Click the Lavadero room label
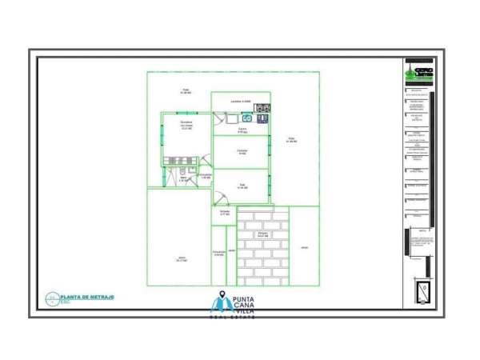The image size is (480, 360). point(241,102)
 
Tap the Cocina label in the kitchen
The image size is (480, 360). point(242,130)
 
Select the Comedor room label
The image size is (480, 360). point(242,152)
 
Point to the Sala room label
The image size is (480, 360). point(242,186)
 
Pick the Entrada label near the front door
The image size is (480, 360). point(225,213)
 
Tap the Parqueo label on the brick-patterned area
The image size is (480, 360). point(262,235)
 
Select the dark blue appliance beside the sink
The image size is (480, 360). point(261,118)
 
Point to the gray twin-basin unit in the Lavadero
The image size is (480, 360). point(262,106)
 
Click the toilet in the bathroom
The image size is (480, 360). point(183,171)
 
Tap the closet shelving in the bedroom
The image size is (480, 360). point(175,160)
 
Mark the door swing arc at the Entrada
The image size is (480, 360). point(218,199)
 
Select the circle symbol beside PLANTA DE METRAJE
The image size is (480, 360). point(53,298)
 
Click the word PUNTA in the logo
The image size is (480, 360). point(243,299)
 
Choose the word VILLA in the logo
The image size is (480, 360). point(244,311)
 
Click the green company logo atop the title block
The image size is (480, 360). point(418,71)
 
